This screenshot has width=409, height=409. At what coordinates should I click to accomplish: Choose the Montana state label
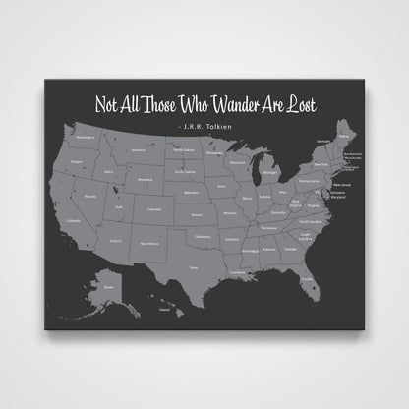140,150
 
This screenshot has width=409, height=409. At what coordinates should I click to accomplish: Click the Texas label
193,266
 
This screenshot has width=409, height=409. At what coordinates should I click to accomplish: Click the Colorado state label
152,207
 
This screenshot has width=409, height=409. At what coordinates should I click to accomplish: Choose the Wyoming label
146,181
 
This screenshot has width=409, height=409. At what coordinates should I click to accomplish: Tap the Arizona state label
115,239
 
